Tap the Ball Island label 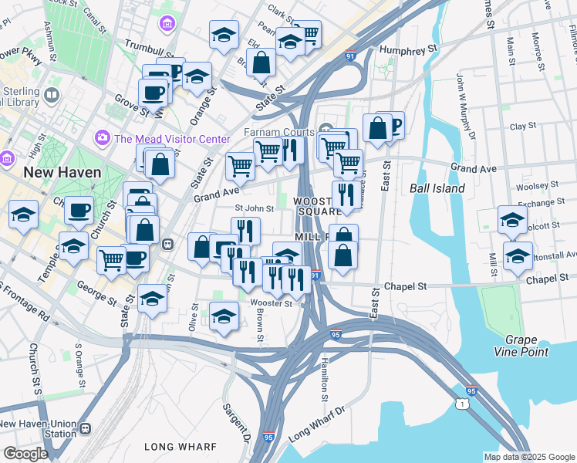(x=437, y=188)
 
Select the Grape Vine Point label (x=527, y=346)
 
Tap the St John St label (x=255, y=208)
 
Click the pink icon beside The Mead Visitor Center (x=102, y=139)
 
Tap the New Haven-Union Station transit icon (x=85, y=428)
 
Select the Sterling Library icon (x=52, y=95)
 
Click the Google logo (x=25, y=453)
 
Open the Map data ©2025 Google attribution (x=528, y=457)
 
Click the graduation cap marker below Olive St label (x=224, y=316)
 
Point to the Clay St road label (x=522, y=126)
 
